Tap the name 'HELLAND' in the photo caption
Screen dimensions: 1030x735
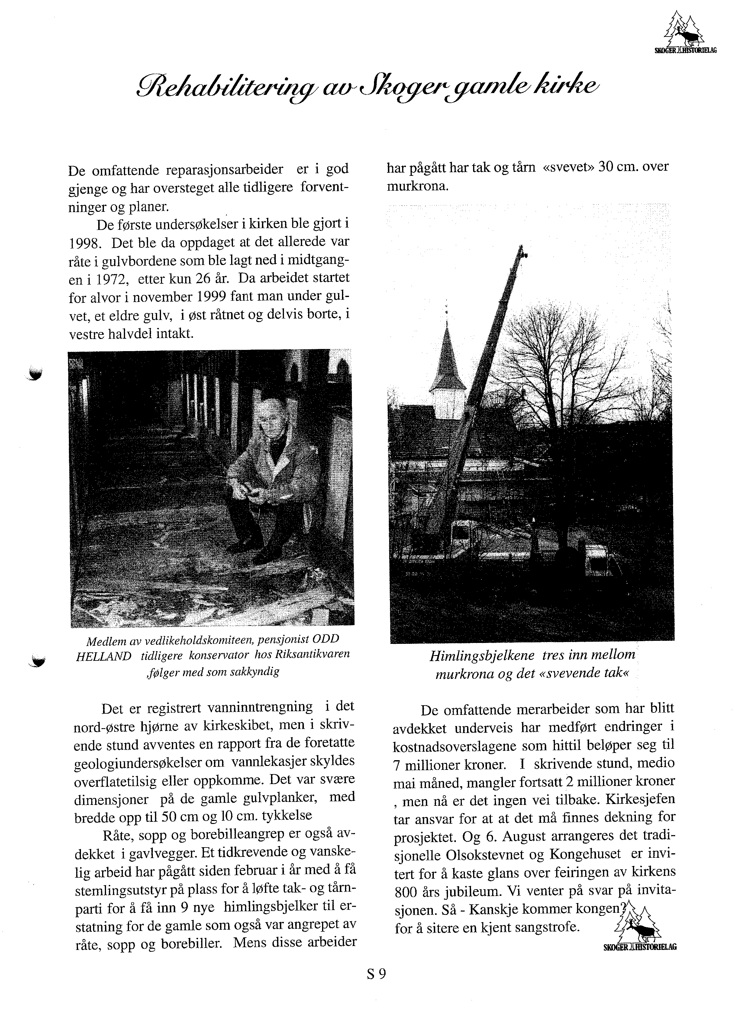(104, 655)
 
